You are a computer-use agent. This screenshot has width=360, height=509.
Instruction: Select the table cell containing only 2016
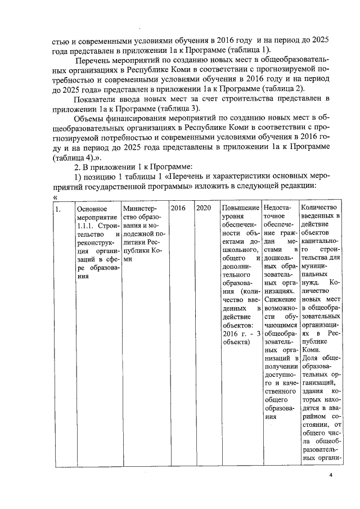178,208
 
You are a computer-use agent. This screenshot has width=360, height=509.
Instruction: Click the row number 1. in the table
58,209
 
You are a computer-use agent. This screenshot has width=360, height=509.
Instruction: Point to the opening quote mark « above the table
55,197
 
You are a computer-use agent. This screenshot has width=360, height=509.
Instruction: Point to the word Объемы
89,134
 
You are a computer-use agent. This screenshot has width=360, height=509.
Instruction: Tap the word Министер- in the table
138,208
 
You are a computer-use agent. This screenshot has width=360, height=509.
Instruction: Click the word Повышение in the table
240,208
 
